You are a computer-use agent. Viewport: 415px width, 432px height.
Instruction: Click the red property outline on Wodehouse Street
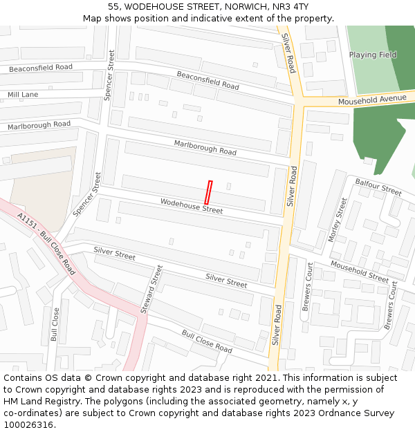tap(207, 192)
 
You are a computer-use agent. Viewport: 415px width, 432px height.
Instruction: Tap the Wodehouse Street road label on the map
tap(192, 205)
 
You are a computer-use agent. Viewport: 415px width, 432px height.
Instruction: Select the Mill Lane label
tap(23, 94)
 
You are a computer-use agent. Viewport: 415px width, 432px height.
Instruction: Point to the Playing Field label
tap(373, 55)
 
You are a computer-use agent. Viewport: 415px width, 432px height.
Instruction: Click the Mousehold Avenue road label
tap(372, 100)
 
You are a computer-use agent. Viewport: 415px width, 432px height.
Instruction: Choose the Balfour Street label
tap(378, 186)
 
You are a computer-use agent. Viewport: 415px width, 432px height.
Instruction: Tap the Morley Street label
tap(338, 220)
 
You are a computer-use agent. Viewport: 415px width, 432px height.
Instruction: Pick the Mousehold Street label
tap(360, 272)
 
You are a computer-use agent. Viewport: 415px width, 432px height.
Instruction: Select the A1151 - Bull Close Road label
tap(46, 243)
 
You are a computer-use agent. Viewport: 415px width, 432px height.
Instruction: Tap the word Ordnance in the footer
tap(346, 413)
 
